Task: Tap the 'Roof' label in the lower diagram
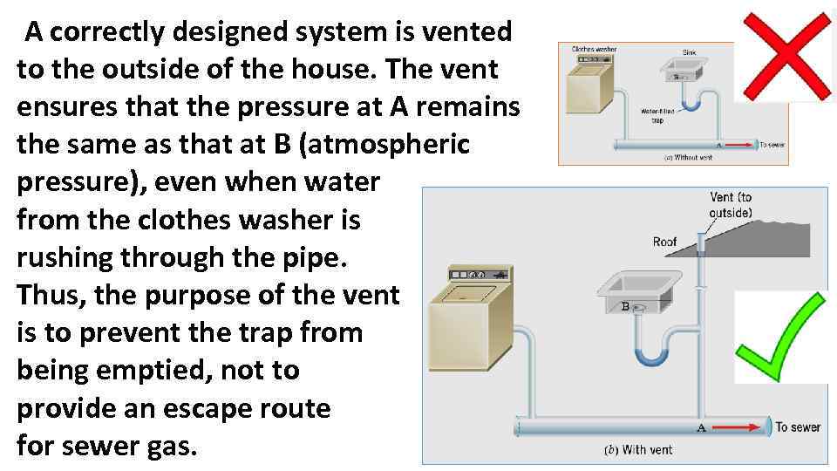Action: (665, 242)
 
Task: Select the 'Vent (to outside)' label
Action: (731, 206)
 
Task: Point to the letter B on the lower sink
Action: (625, 307)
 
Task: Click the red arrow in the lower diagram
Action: (738, 427)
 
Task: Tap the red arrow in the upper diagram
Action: (738, 145)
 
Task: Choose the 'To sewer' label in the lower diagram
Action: (798, 427)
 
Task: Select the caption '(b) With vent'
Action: (639, 450)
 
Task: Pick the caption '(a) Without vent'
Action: (688, 158)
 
